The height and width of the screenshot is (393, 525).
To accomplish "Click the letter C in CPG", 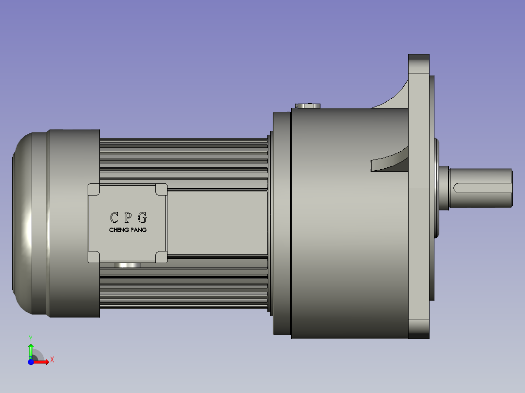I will tap(114, 217).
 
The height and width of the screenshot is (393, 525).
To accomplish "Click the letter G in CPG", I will tap(142, 217).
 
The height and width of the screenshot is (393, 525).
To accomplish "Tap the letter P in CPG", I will tap(128, 217).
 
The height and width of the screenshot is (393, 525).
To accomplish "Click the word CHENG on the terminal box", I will tap(118, 230).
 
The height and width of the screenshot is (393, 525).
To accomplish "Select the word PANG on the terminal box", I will tap(138, 230).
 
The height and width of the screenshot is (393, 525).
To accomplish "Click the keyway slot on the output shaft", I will tap(482, 187).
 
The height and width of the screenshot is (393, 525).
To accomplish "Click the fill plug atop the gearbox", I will tap(308, 106).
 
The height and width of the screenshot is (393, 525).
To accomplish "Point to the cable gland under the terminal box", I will tap(127, 266).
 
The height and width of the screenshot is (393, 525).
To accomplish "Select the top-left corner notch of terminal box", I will tap(94, 190).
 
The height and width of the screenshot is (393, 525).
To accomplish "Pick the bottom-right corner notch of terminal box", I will tap(161, 257).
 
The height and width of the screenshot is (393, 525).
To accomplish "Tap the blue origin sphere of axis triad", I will tap(31, 362).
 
